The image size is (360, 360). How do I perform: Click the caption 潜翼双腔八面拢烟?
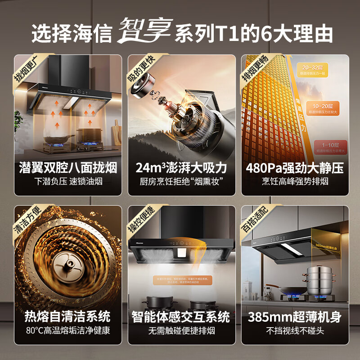[x=68, y=168]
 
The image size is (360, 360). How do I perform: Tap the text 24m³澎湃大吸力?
[x=181, y=168]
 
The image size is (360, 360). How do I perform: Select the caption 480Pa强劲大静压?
[x=295, y=168]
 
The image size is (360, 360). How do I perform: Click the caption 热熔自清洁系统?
[x=68, y=317]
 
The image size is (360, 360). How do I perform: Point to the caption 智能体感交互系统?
[x=181, y=317]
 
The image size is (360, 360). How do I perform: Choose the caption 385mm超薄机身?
[x=295, y=317]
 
